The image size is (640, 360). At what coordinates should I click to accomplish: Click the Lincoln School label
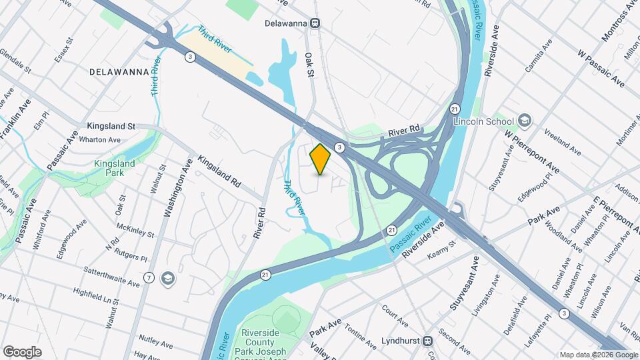tap(483, 121)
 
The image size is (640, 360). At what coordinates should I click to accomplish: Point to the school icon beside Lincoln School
tap(525, 121)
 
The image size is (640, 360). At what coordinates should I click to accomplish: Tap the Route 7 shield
tap(149, 277)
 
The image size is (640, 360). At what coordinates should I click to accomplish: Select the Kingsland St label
tap(111, 125)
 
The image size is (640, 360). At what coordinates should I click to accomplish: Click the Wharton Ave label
tap(99, 140)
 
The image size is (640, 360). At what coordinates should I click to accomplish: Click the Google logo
tap(22, 351)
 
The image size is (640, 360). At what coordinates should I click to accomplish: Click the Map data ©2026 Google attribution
tap(598, 355)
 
